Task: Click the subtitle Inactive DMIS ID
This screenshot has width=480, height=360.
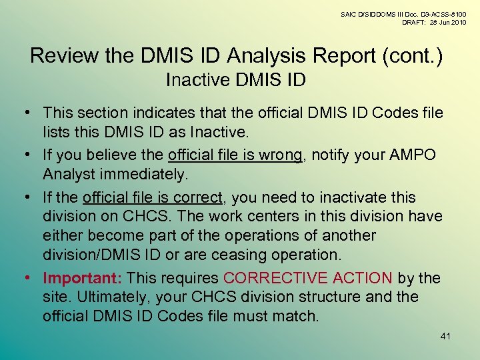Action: click(235, 81)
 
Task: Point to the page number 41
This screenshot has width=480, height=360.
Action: click(446, 336)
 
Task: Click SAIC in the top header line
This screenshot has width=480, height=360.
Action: click(349, 13)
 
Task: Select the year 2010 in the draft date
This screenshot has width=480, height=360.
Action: click(457, 22)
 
